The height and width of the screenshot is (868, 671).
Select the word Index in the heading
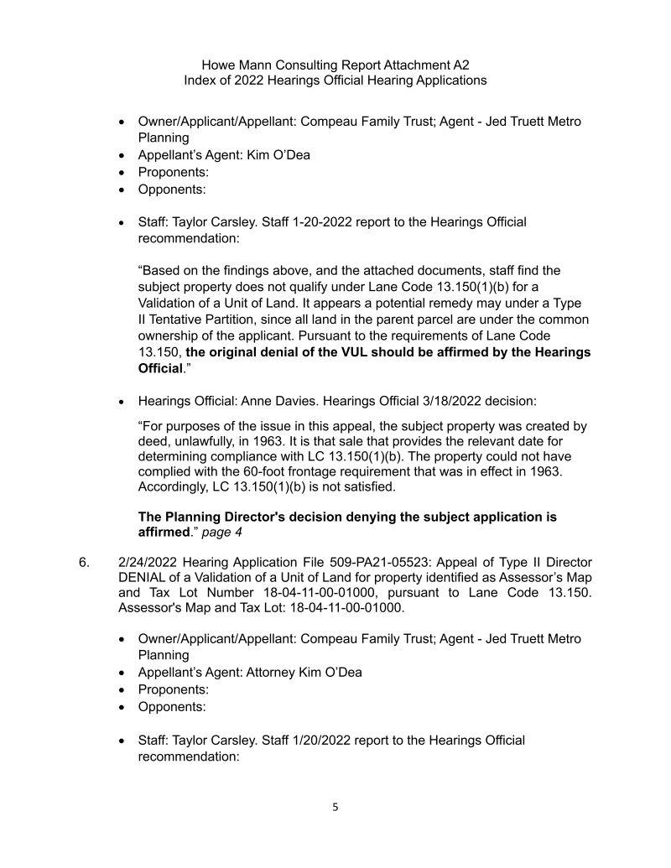coord(200,81)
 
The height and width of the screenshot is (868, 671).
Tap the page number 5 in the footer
coord(335,808)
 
